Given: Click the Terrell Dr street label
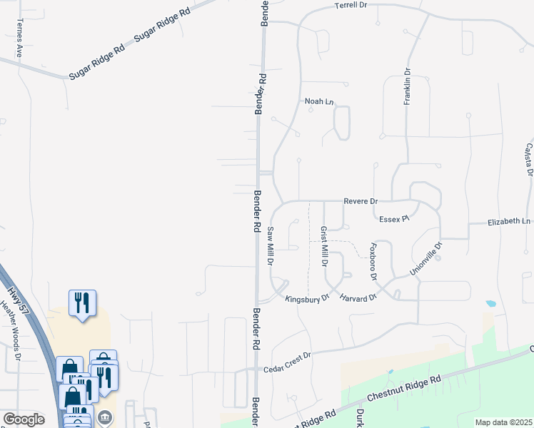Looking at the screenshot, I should [350, 5].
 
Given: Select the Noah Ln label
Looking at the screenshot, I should [319, 102].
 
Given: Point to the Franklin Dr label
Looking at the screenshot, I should [408, 86].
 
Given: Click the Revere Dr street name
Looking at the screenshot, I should [360, 202].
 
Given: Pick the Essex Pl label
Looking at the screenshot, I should [393, 218].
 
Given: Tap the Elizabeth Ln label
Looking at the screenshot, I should [510, 222].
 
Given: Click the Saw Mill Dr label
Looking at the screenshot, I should [271, 246].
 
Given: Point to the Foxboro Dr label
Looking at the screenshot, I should [372, 260].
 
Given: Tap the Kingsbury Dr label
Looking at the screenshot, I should [306, 298].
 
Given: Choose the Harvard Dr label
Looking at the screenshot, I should [357, 297].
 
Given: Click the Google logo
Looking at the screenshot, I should [24, 419].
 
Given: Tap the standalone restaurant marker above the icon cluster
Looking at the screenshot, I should [83, 302].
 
